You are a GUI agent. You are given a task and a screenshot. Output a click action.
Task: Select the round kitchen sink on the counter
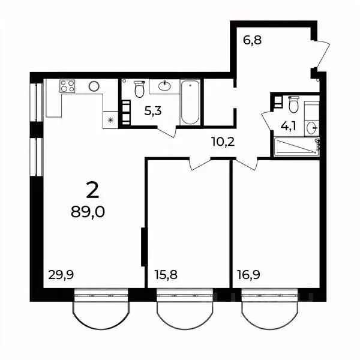[x=94, y=86]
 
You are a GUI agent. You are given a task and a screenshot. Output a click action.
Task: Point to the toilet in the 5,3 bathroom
[x=139, y=89]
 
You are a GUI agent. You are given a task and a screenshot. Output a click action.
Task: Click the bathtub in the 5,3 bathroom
[x=189, y=102]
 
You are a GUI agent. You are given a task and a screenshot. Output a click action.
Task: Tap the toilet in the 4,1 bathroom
[x=293, y=106]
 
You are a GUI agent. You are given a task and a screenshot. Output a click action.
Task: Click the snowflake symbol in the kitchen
[x=110, y=119]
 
